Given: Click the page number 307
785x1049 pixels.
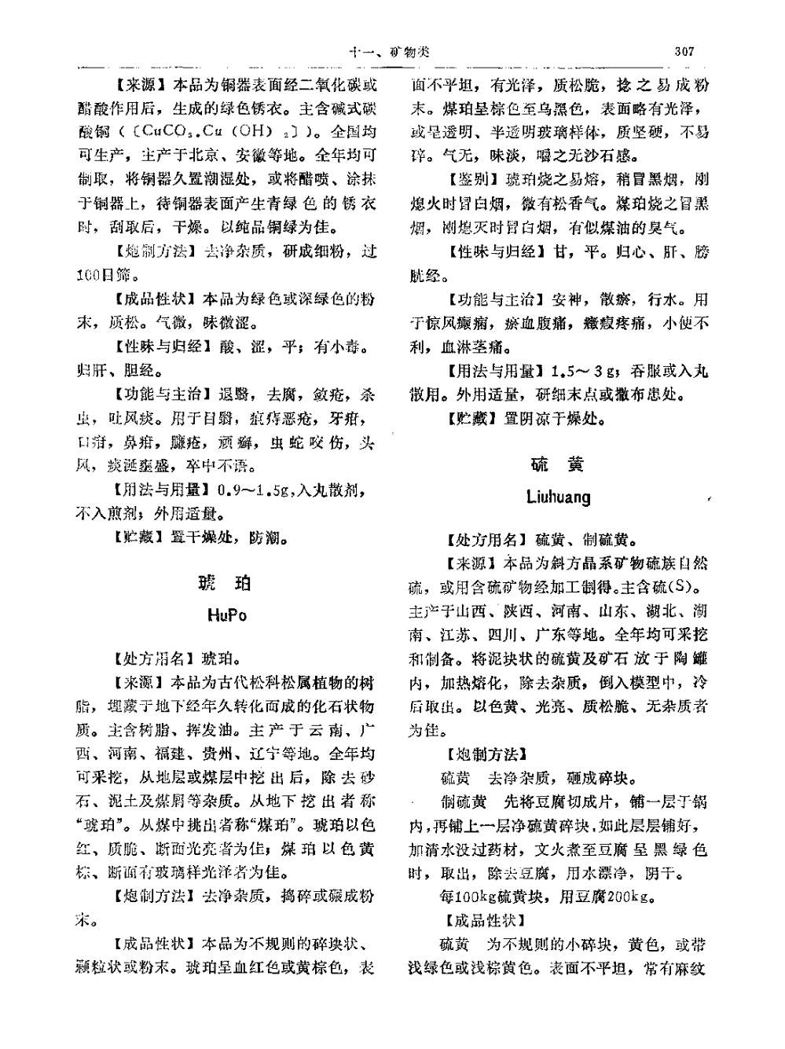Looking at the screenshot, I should (684, 52).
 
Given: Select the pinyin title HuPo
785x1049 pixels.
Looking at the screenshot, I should (227, 615).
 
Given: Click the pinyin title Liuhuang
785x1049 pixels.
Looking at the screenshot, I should (559, 497).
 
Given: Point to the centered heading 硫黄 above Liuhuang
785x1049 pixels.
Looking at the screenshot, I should (557, 465).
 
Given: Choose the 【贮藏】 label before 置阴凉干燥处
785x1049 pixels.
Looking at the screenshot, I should (472, 419).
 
